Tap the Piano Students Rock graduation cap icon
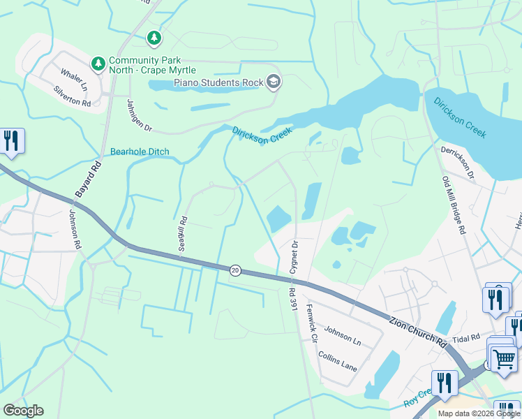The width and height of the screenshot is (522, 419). click(x=274, y=82)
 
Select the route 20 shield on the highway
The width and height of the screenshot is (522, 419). click(x=235, y=270)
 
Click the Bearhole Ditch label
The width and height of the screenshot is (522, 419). click(x=140, y=152)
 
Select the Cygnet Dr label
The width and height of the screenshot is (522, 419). click(x=294, y=256)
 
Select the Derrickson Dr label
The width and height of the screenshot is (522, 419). click(x=457, y=163)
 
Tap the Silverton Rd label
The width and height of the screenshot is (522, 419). click(x=73, y=96)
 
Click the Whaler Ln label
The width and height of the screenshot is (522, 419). click(x=73, y=79)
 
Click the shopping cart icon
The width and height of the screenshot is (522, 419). click(x=505, y=359)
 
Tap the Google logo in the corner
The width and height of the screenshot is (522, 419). click(x=23, y=411)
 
